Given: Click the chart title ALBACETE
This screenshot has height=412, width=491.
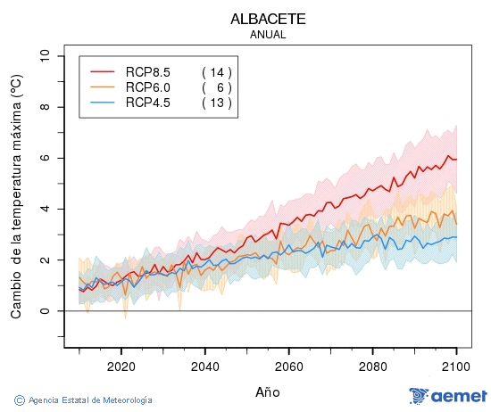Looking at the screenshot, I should click(268, 19).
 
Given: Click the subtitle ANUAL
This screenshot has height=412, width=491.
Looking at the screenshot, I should click(268, 35).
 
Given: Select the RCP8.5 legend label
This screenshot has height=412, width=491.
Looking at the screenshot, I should click(148, 71).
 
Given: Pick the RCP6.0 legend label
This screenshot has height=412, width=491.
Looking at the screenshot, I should click(148, 87).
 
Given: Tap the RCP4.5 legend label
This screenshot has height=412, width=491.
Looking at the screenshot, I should click(148, 103).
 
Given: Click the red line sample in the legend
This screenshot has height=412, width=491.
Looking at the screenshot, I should click(103, 71).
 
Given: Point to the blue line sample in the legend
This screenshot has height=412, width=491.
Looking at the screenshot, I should click(103, 103).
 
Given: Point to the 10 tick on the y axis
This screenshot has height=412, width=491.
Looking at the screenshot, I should click(46, 56).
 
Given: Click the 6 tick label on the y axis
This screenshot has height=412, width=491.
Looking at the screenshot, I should click(46, 158).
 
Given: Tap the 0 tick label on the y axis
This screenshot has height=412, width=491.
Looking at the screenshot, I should click(46, 311).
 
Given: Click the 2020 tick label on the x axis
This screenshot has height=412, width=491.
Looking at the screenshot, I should click(121, 366).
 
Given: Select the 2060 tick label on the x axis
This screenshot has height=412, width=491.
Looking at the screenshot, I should click(289, 366).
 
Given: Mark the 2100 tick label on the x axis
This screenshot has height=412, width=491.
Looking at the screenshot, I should click(456, 366).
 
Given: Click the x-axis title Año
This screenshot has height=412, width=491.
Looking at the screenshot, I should click(268, 391).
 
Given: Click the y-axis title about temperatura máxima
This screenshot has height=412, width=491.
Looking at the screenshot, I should click(15, 196).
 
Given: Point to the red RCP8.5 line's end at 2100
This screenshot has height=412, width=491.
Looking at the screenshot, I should click(456, 159).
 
